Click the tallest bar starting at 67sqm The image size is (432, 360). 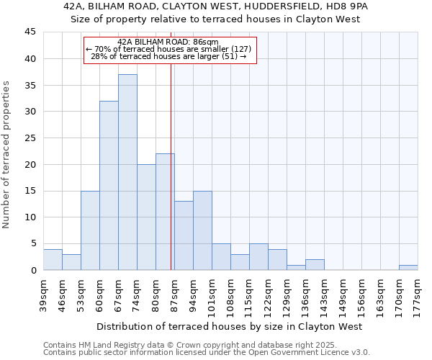pyautogui.click(x=127, y=172)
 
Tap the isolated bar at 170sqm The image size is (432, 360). pyautogui.click(x=408, y=267)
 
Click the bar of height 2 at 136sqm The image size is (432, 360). pyautogui.click(x=315, y=264)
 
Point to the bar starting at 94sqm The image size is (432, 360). pyautogui.click(x=202, y=230)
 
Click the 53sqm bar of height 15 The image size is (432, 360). pyautogui.click(x=90, y=230)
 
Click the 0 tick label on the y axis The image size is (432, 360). pyautogui.click(x=32, y=270)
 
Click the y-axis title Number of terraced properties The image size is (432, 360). pyautogui.click(x=6, y=155)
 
